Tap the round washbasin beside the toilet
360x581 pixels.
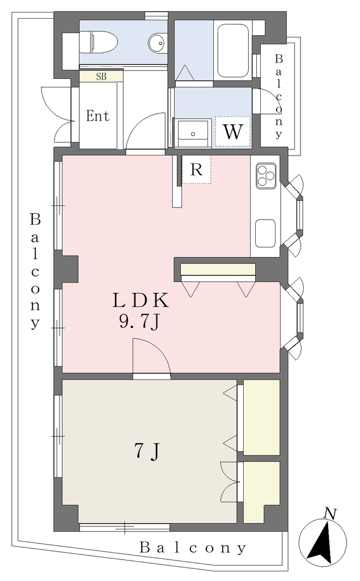[x=158, y=42]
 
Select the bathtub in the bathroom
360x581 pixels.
[x=233, y=50]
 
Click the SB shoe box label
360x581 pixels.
[x=101, y=77]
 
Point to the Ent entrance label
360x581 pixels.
[x=98, y=116]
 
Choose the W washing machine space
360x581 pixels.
[x=233, y=132]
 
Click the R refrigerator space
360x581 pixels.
[x=196, y=169]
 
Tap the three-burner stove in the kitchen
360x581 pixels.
[x=265, y=175]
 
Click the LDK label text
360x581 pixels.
[x=141, y=301]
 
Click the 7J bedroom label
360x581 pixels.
[x=147, y=451]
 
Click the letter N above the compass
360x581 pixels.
[x=329, y=513]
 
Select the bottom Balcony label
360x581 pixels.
[x=193, y=548]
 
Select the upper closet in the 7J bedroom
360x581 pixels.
[x=261, y=417]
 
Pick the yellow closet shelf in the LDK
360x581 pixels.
[x=218, y=269]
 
